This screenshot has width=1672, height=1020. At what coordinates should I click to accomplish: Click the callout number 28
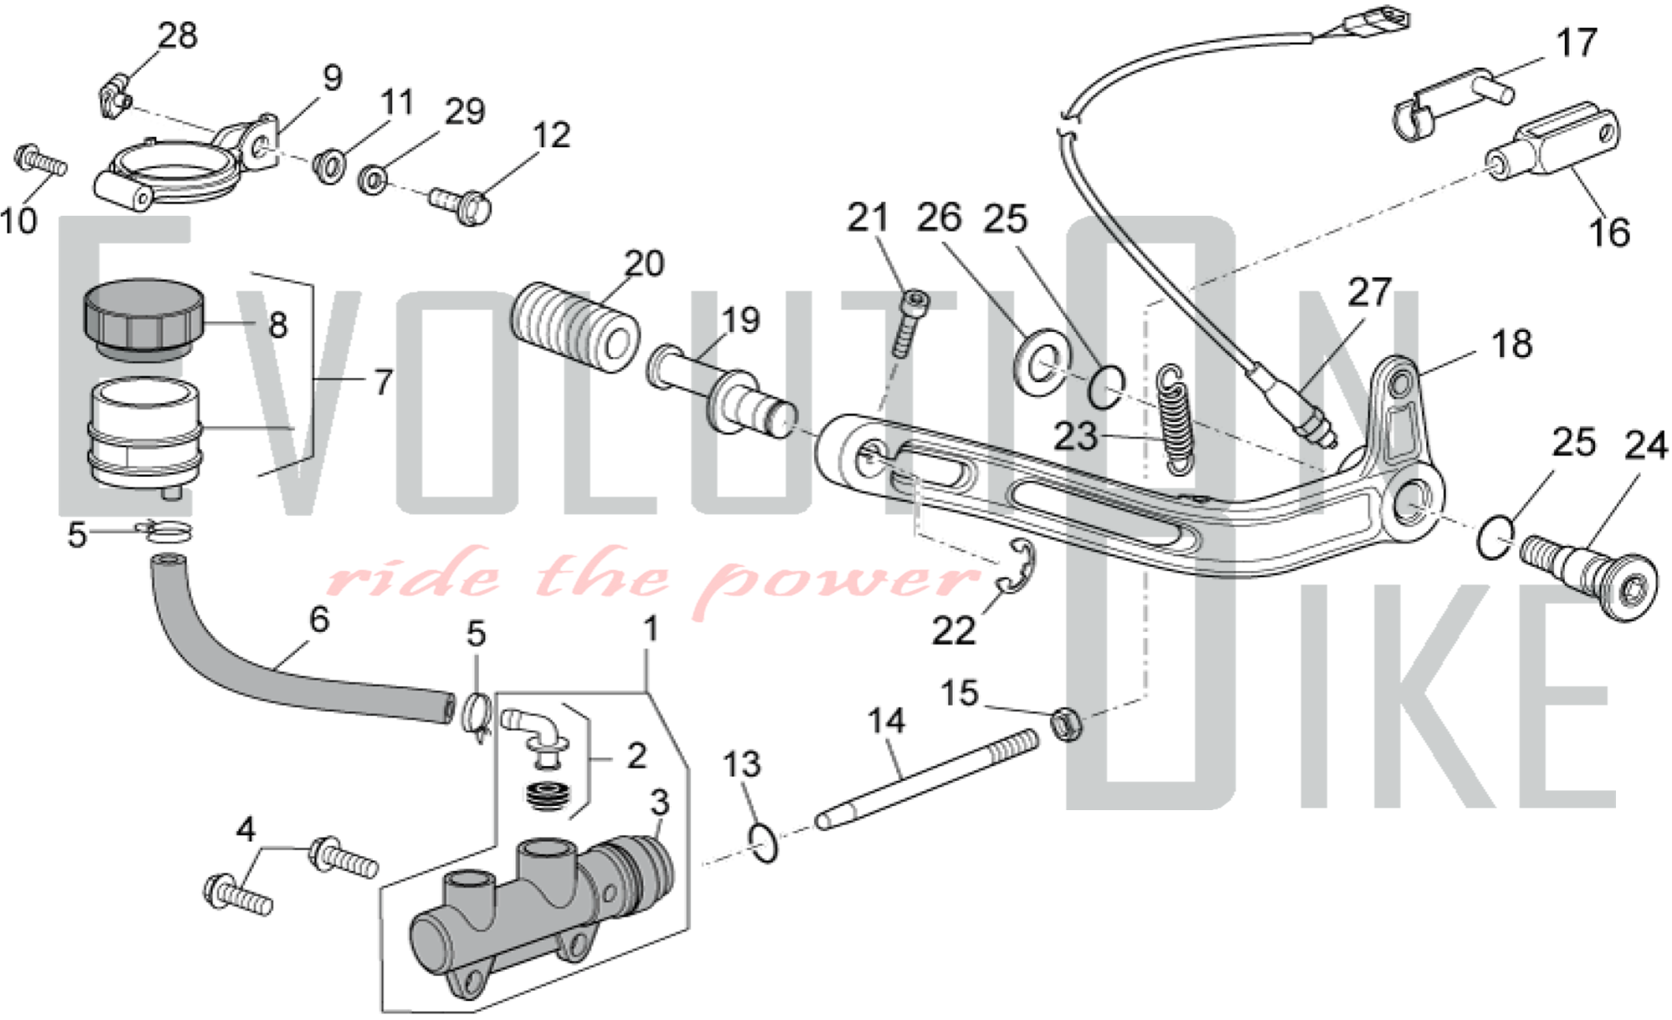coord(178,36)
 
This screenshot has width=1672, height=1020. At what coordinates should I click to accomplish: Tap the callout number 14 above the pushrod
coord(886,721)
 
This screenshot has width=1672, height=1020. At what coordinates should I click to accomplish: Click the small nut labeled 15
coord(1066,722)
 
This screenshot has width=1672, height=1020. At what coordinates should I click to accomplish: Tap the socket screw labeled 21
coord(909,323)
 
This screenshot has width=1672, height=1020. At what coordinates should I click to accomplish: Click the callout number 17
coord(1577,43)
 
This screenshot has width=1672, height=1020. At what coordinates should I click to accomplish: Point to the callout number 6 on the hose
coord(319,620)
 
